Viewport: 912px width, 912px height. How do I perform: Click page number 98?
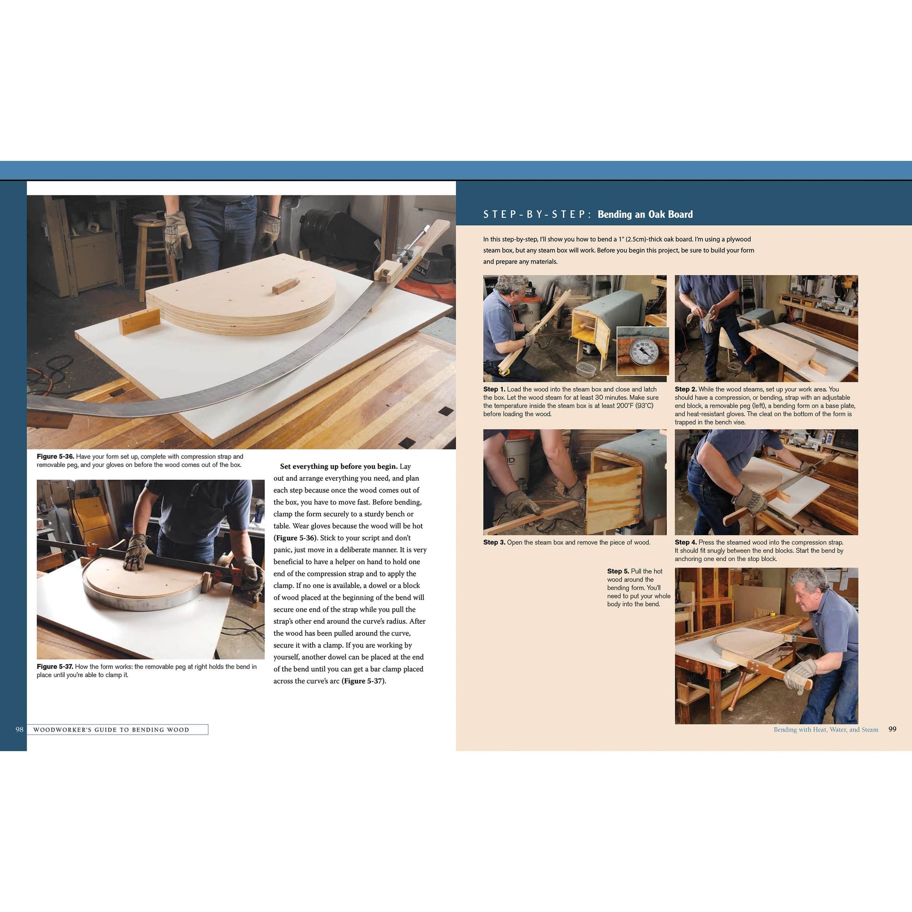click(x=19, y=729)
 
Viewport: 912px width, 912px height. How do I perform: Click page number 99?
click(x=892, y=729)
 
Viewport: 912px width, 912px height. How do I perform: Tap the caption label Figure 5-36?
click(x=55, y=456)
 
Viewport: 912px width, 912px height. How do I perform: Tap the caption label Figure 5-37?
click(x=55, y=666)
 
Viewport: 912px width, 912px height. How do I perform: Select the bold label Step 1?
click(x=494, y=389)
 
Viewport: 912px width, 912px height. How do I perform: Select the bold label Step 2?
click(x=686, y=389)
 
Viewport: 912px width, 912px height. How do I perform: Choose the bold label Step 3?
click(x=494, y=542)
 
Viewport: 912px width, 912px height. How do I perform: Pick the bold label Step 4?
click(x=686, y=542)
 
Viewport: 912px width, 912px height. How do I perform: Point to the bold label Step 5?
click(x=618, y=571)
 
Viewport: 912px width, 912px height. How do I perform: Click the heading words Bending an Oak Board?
click(x=645, y=214)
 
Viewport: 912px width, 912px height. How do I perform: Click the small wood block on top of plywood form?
click(x=285, y=285)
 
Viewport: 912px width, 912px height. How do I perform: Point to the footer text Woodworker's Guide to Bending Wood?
click(x=111, y=730)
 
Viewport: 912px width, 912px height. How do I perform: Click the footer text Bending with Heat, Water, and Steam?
click(x=826, y=729)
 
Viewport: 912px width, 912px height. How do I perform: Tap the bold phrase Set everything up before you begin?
click(x=338, y=466)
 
